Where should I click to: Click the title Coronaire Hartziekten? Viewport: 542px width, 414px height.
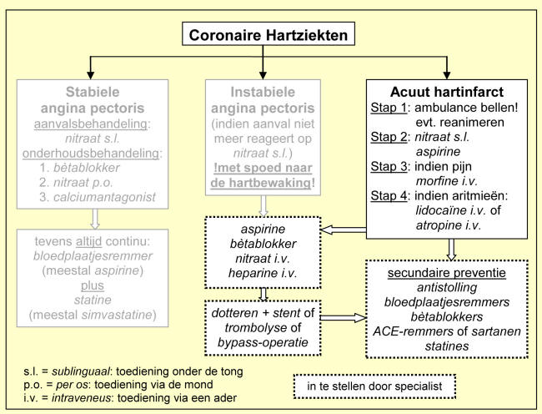[x=270, y=35]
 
